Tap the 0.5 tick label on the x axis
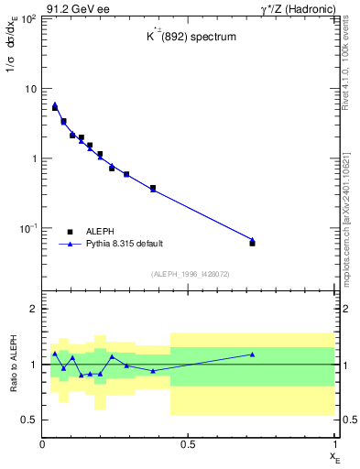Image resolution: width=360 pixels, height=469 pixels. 188,443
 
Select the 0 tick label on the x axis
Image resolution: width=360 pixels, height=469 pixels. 42,443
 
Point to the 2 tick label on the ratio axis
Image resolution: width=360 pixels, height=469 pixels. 32,309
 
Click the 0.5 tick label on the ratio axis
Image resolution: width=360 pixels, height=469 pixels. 28,420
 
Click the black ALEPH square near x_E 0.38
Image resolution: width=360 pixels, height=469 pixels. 153,188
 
